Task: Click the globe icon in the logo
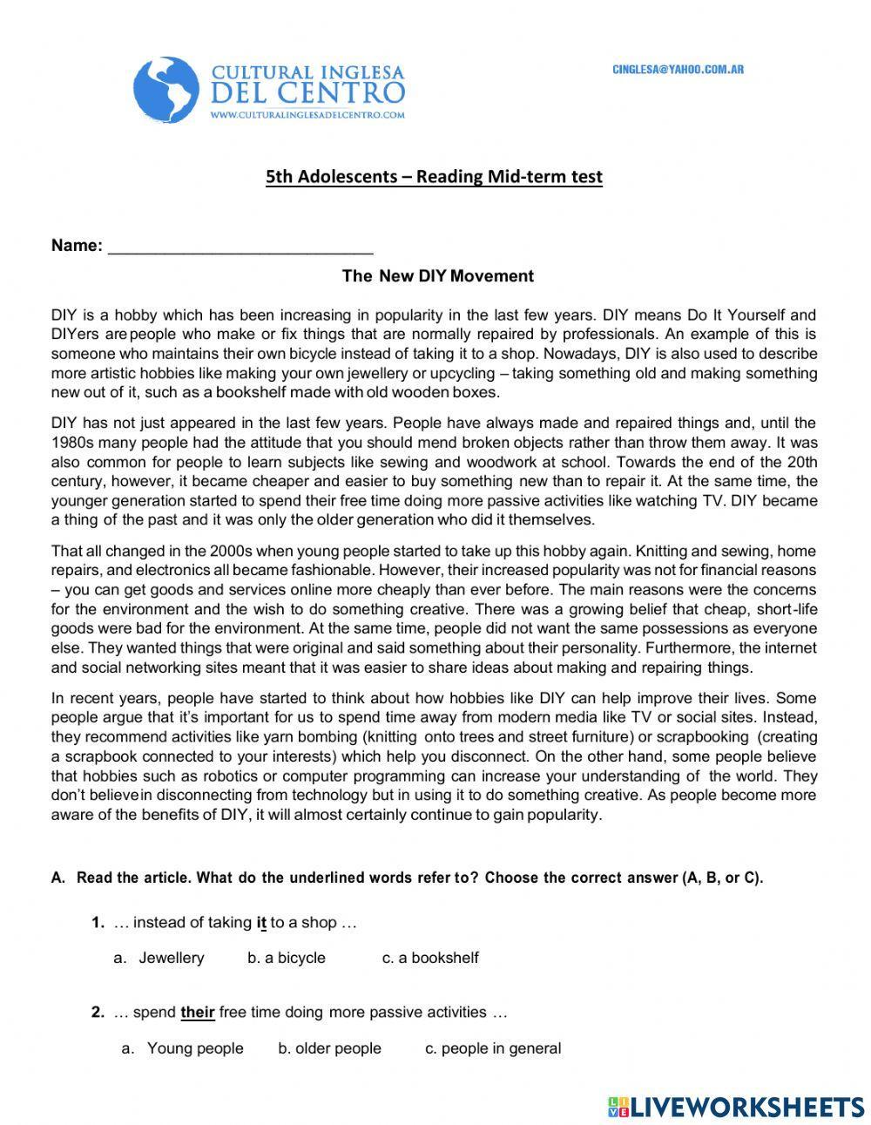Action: [166, 89]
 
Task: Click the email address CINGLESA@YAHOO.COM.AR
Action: [678, 70]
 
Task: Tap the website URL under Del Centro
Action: [307, 114]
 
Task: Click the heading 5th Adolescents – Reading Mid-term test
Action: [434, 177]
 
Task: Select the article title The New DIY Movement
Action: [437, 276]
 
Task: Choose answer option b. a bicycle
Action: [287, 958]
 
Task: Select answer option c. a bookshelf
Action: [430, 958]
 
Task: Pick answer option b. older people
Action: [329, 1048]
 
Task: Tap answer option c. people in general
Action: [493, 1048]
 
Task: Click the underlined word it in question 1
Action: [261, 922]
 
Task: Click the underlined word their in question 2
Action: [198, 1013]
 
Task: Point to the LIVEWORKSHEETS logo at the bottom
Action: [736, 1107]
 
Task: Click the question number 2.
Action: [98, 1013]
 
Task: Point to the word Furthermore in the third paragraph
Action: [691, 647]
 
